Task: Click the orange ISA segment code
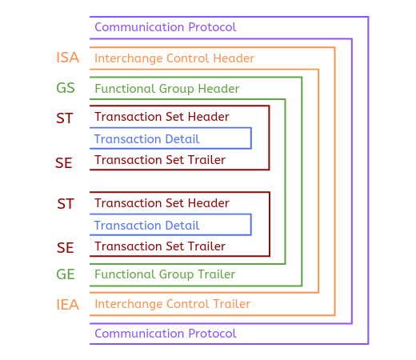point(68,58)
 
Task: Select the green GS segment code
point(66,88)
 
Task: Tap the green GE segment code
point(66,274)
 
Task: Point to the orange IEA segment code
point(68,305)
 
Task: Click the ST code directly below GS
point(65,118)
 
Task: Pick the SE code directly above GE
point(65,248)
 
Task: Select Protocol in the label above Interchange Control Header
point(212,27)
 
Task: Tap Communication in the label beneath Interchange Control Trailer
point(139,334)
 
